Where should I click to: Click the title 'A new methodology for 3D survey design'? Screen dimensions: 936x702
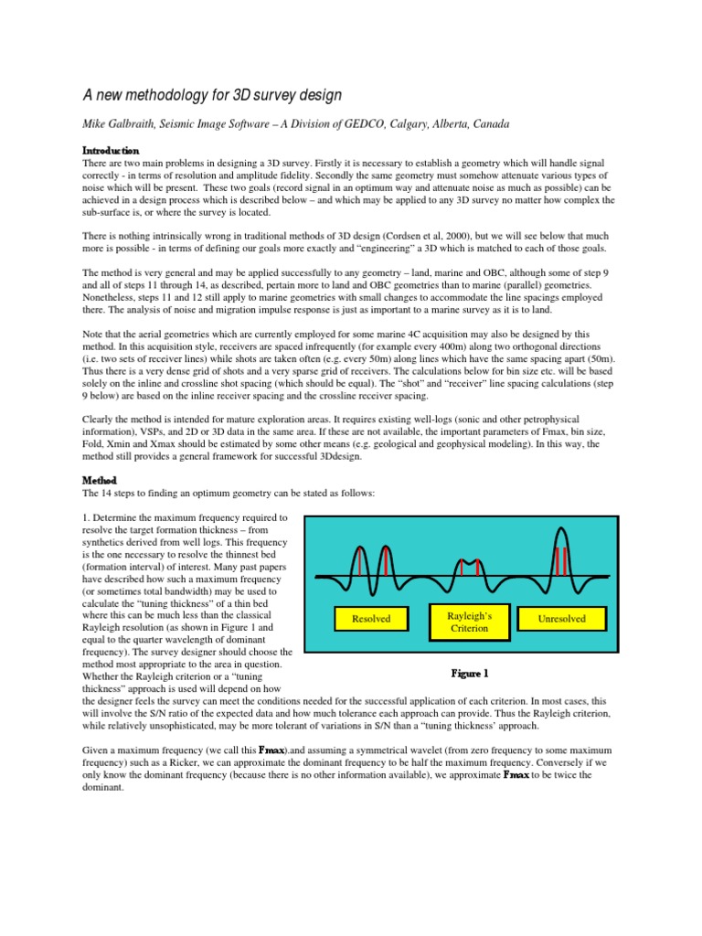(212, 96)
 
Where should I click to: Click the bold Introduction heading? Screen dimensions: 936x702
(111, 149)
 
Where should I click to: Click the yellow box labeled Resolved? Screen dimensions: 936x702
(370, 619)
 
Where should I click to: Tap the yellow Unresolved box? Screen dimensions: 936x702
(563, 619)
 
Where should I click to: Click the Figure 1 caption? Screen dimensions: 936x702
(470, 674)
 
